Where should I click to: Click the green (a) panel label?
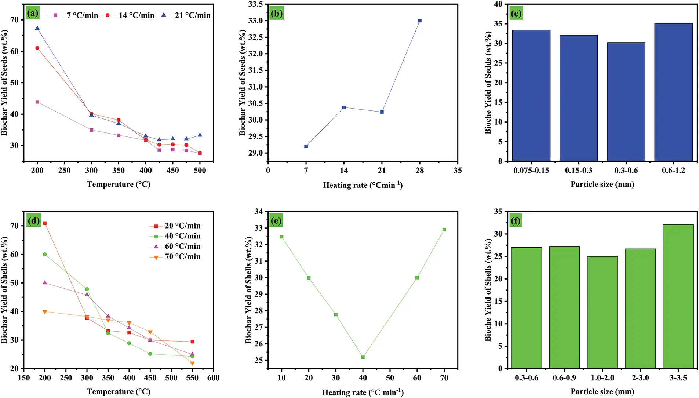pos(32,14)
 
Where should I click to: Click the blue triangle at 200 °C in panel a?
pos(37,28)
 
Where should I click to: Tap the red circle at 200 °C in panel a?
pos(37,48)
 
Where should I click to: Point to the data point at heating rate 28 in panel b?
pos(420,21)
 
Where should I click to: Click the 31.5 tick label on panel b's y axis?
pos(255,70)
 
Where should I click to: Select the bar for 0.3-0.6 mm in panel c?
pos(626,102)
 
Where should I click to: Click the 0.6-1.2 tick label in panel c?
pos(673,171)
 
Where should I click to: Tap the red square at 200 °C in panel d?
pos(45,223)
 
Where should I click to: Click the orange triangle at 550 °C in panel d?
pos(192,364)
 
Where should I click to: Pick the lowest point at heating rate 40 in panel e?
pos(363,357)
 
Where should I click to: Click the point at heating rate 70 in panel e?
pos(444,230)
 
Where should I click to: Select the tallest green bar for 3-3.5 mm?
pos(678,296)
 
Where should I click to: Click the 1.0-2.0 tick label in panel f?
pos(602,378)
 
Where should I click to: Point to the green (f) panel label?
pos(516,221)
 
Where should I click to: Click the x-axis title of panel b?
pos(363,185)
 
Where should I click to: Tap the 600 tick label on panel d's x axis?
pos(213,378)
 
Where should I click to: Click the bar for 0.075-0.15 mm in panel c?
pos(531,95)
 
